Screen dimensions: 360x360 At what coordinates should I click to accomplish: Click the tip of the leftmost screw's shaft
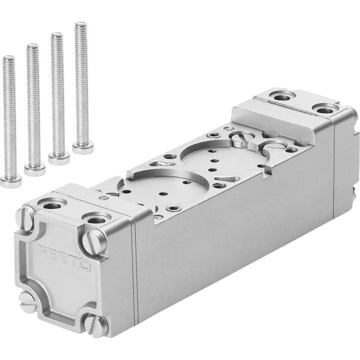(x=7, y=58)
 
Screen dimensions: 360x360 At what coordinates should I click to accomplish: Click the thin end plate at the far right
(x=346, y=170)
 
